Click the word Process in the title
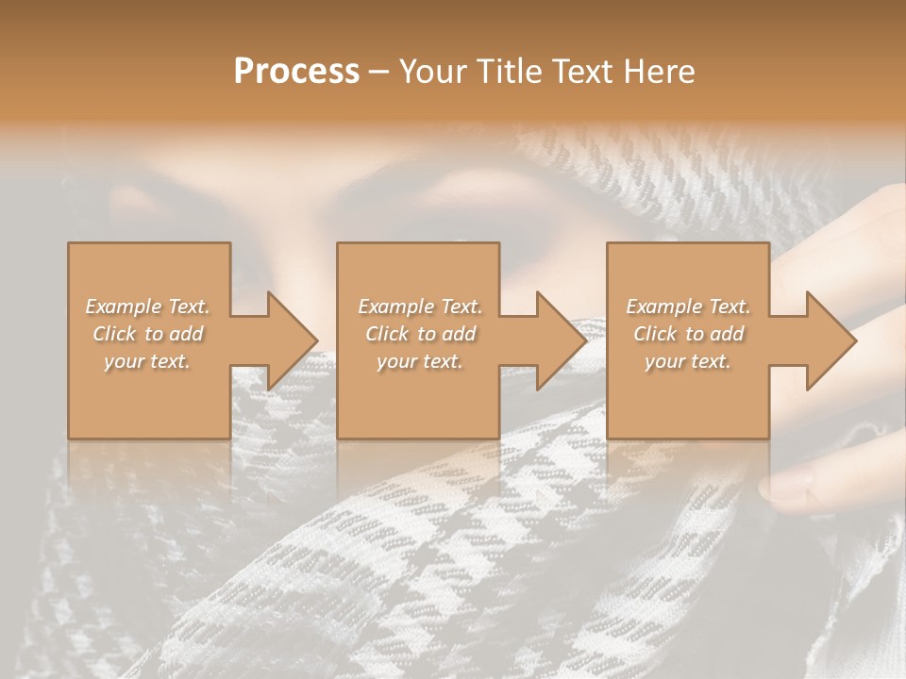coord(296,72)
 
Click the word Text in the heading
coord(581,72)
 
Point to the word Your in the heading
coord(432,72)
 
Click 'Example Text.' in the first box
coord(148,306)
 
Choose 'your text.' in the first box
coord(148,361)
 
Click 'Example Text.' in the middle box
coord(420,306)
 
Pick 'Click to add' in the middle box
coord(420,334)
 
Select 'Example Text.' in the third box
coord(688,306)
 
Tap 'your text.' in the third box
coord(688,361)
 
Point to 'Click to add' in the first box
coord(148,334)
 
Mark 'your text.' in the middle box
coord(420,361)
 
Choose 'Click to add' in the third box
coord(688,334)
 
